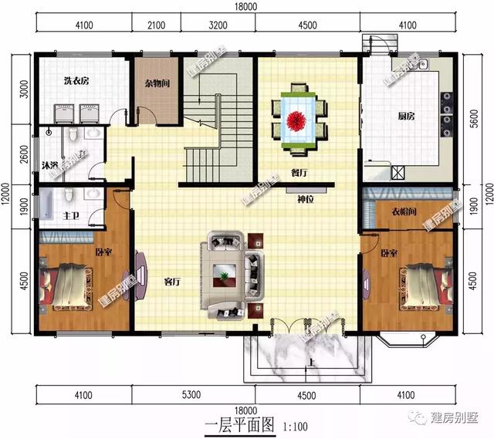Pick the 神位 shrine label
click(x=306, y=198)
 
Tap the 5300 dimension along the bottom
click(x=191, y=396)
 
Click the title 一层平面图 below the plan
click(x=238, y=424)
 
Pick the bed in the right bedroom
click(x=418, y=284)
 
